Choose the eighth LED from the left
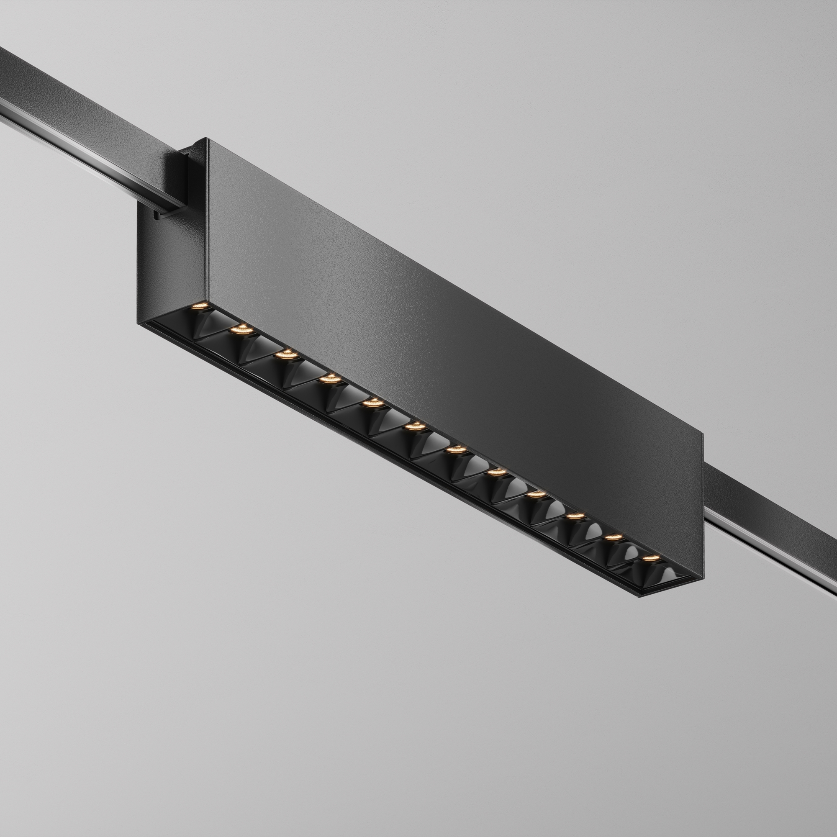496,471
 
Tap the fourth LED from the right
537,493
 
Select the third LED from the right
575,515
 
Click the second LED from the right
614,537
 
